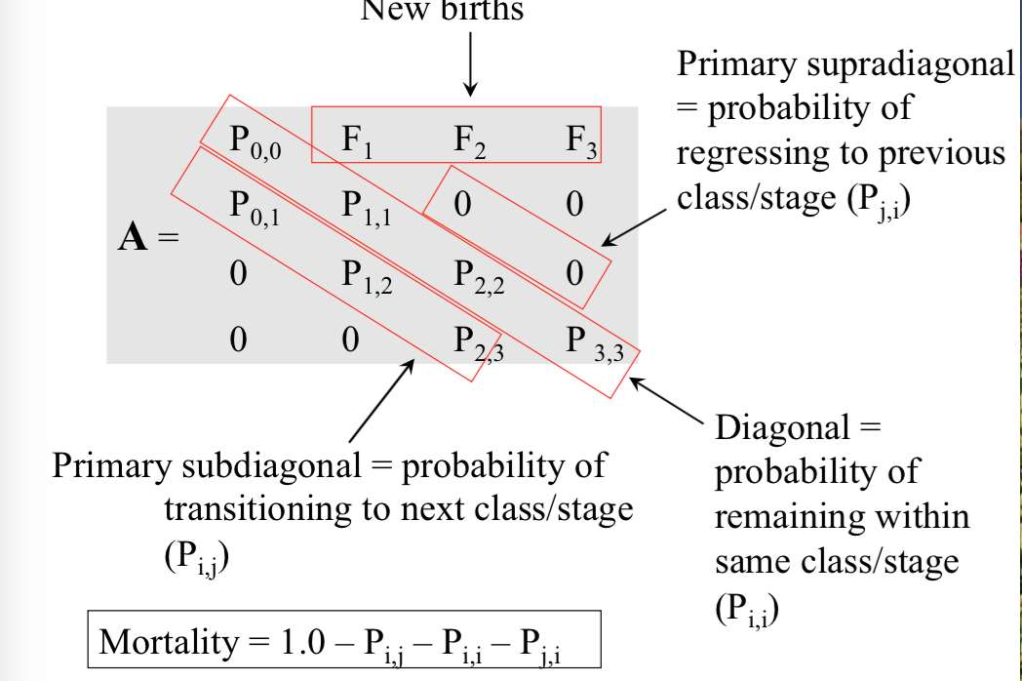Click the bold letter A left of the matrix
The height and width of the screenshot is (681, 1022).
tap(132, 238)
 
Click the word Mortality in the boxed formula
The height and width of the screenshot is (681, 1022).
tap(168, 642)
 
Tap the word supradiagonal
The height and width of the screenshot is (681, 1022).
tap(911, 64)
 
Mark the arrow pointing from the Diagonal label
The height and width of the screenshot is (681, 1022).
tap(667, 400)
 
